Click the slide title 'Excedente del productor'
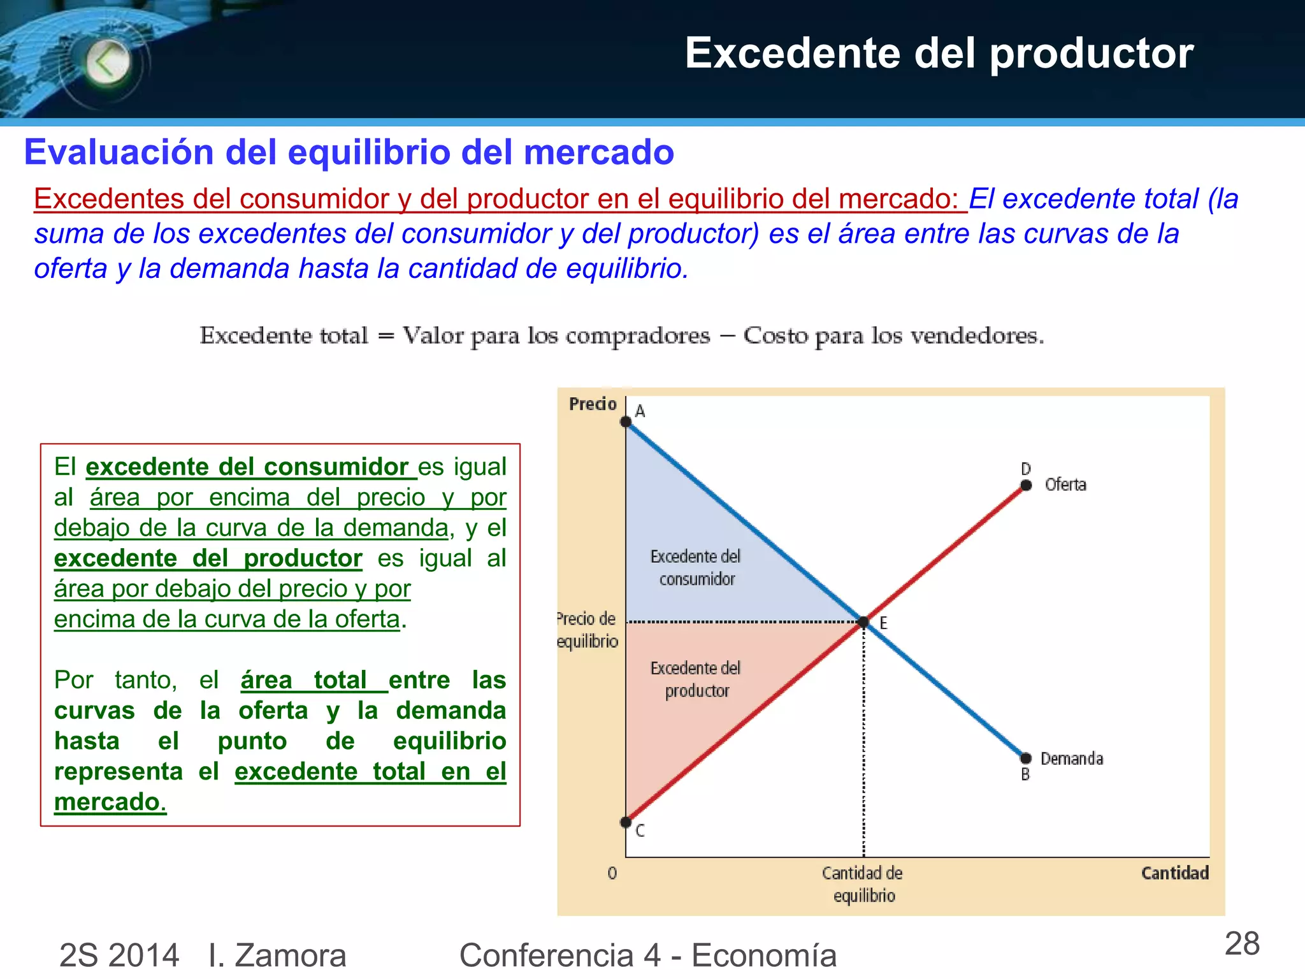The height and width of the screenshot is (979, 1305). click(939, 53)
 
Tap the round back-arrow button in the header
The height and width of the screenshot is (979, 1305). click(108, 62)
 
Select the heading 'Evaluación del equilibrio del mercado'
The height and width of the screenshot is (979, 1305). click(349, 152)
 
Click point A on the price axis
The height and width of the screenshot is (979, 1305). click(626, 421)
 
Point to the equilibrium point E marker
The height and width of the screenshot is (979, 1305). click(863, 621)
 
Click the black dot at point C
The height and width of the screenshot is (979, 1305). click(626, 822)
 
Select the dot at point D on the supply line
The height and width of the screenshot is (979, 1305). click(1026, 485)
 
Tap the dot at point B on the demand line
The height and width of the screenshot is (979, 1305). click(1026, 758)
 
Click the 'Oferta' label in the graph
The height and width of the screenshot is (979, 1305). click(1065, 485)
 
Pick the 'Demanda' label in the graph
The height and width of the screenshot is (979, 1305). click(1072, 758)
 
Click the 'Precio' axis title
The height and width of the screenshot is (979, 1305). click(593, 404)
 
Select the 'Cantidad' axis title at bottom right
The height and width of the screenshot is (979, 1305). click(1174, 873)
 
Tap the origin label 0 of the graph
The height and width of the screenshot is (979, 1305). click(612, 873)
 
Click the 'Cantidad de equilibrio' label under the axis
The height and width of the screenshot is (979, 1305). click(863, 884)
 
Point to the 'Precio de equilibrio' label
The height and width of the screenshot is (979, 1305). click(587, 630)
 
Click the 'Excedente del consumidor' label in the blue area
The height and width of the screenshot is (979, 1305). click(696, 567)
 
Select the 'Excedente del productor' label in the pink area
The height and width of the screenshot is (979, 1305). click(696, 679)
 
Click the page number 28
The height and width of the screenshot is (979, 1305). click(1242, 944)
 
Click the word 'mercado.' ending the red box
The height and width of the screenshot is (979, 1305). click(110, 802)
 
